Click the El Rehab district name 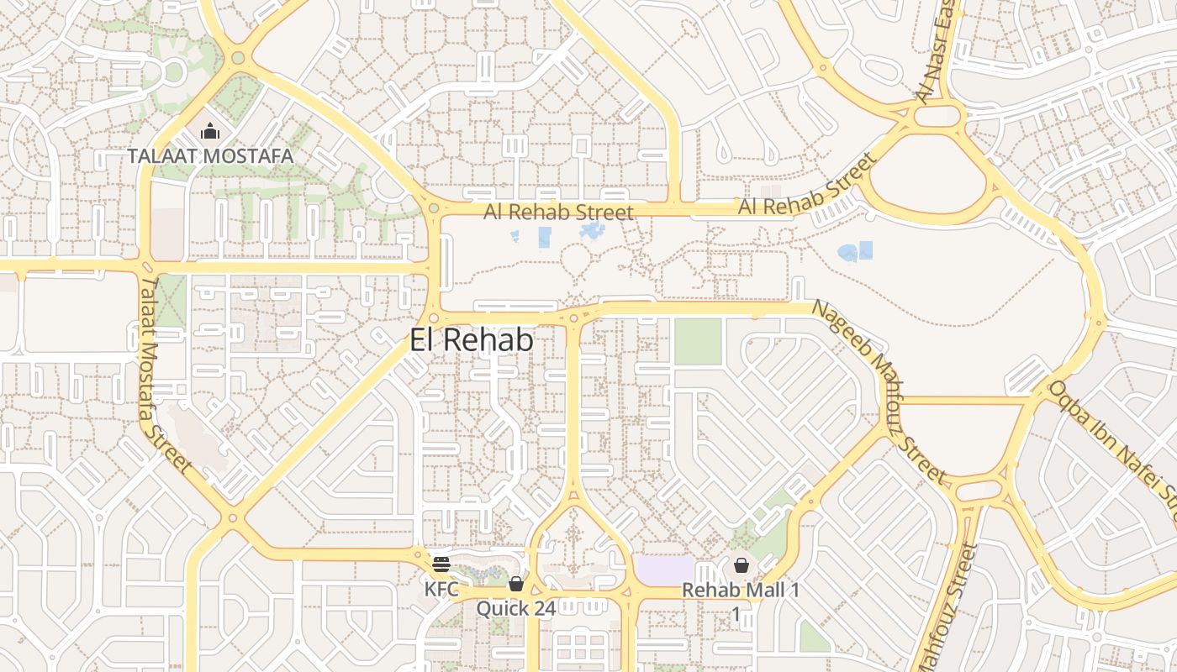click(x=472, y=340)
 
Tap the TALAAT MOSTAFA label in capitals click(x=210, y=156)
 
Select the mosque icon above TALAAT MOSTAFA click(x=209, y=131)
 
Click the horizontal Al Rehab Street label click(x=558, y=212)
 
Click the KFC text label click(x=441, y=589)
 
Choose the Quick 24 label click(x=515, y=608)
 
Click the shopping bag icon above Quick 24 click(x=515, y=584)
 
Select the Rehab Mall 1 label click(x=741, y=590)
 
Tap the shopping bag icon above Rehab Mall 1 click(x=742, y=565)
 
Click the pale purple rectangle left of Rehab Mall click(x=664, y=571)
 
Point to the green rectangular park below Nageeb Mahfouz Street click(x=698, y=342)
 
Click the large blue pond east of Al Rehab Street click(x=854, y=251)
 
